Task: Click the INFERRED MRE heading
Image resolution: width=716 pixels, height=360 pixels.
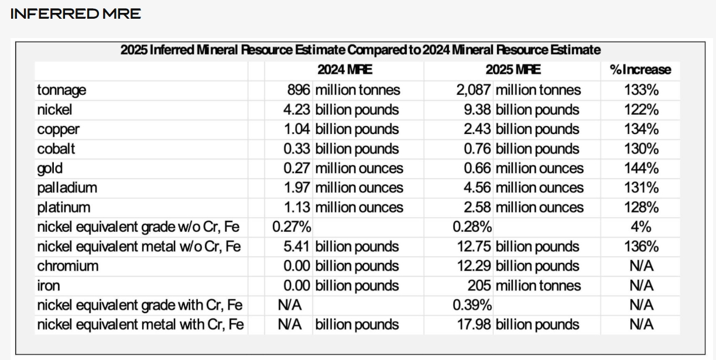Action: [76, 14]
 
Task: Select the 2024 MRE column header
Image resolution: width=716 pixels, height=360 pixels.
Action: [345, 70]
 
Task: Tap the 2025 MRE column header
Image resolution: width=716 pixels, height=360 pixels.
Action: [513, 70]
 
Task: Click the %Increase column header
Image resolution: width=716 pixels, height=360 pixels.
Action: [640, 70]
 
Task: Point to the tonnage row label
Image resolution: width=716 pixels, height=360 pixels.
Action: [61, 90]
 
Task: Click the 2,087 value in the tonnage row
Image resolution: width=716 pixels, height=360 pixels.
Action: [474, 90]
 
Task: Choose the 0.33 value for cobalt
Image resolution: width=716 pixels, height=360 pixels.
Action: [297, 149]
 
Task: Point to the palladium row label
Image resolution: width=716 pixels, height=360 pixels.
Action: [67, 188]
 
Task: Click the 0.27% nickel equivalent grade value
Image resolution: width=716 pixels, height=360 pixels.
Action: [292, 227]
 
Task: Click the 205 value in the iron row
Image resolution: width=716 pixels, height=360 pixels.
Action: [479, 286]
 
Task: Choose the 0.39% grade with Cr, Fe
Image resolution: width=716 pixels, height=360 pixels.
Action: [472, 305]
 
